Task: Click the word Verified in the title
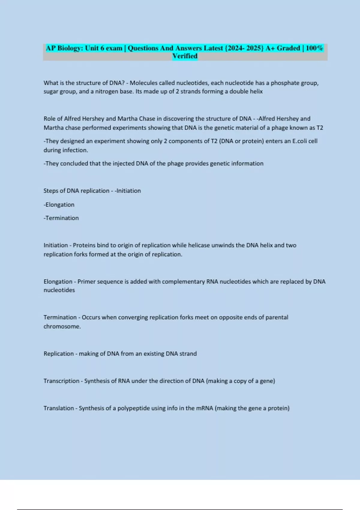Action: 185,56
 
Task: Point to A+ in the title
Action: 270,48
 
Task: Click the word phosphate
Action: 285,83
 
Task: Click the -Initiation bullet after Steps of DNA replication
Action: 127,191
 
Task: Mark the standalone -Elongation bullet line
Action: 59,205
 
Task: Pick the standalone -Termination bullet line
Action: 61,218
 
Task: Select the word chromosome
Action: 62,326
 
